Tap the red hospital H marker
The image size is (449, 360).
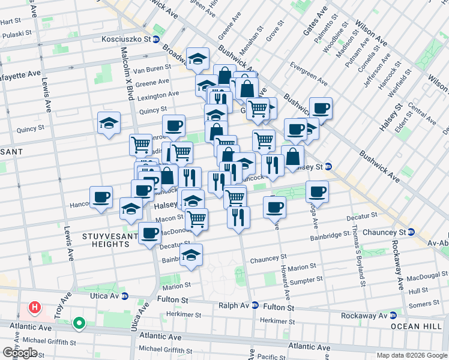coord(35,308)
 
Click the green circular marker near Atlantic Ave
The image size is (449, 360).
coord(79,324)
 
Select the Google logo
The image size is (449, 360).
coord(20,353)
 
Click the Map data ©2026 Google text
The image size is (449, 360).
coord(411,355)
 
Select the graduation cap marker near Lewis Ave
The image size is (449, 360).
coord(108,123)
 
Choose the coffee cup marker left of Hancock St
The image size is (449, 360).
coord(101,196)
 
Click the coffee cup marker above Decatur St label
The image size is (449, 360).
coord(149,232)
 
